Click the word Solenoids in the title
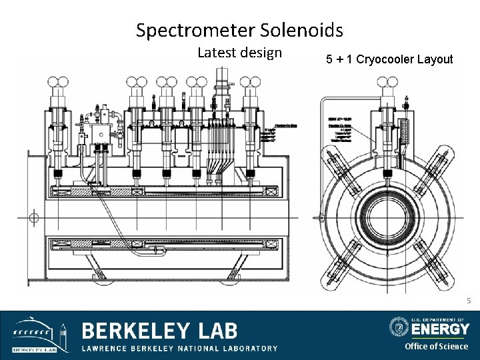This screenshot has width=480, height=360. (x=309, y=30)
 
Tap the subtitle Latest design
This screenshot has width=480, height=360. (x=239, y=52)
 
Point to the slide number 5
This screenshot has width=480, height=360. (x=469, y=301)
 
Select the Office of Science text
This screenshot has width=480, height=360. (x=436, y=346)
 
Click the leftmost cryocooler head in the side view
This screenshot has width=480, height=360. (x=57, y=83)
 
